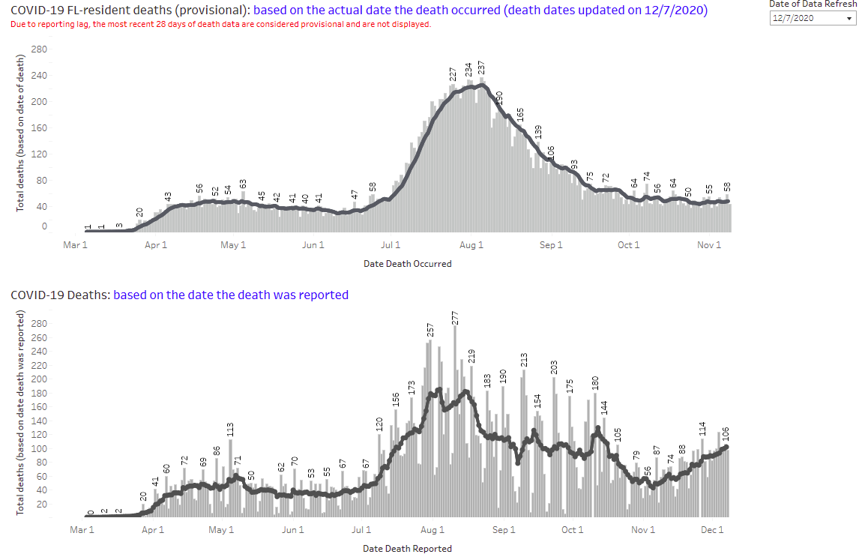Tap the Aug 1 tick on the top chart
471,245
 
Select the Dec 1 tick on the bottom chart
712,530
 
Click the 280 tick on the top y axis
40,49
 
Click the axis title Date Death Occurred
408,264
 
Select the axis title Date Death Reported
408,548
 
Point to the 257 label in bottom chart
431,331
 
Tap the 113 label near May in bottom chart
231,430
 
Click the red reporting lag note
221,24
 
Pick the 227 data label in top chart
453,74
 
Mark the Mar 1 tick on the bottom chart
82,530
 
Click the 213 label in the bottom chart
525,360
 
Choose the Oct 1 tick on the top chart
629,245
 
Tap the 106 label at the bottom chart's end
726,434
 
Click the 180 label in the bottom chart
596,382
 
